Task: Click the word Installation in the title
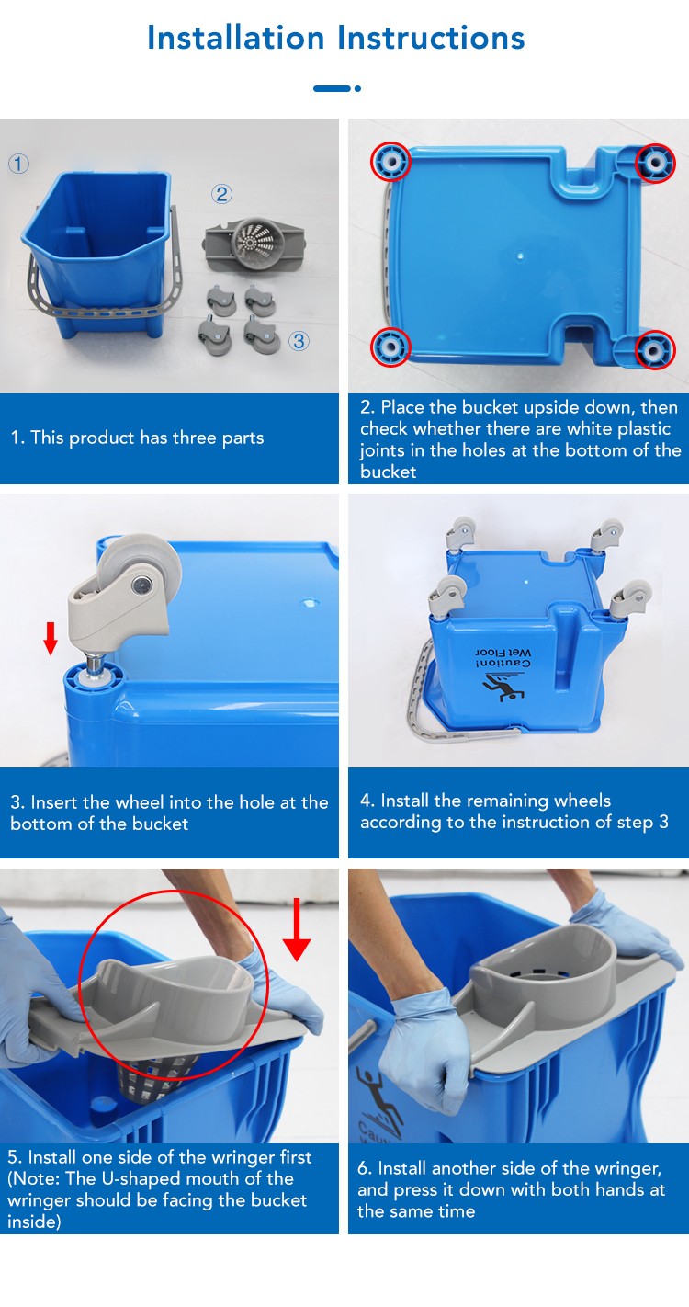(x=235, y=38)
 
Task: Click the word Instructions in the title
(x=431, y=38)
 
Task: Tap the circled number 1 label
(x=18, y=164)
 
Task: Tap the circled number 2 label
(x=221, y=194)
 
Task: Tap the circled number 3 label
(x=299, y=341)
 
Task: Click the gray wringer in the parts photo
(x=254, y=244)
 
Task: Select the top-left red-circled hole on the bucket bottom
(x=390, y=161)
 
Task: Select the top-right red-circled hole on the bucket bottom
(x=655, y=163)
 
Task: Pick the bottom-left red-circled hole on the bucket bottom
(x=390, y=347)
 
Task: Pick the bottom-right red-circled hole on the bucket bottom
(x=655, y=350)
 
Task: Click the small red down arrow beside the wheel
(x=51, y=638)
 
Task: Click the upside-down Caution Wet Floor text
(x=503, y=658)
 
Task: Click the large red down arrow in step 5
(x=297, y=930)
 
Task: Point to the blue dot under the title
(x=357, y=88)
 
